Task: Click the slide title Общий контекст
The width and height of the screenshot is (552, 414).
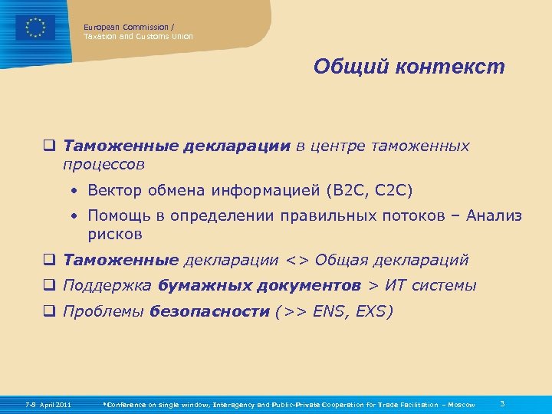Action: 409,67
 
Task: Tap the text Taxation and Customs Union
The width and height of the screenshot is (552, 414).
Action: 138,37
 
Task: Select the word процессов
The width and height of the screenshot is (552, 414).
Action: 104,164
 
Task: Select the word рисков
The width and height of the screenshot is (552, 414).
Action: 114,234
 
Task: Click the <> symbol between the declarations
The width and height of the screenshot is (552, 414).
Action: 297,260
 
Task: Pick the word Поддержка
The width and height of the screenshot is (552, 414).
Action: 108,285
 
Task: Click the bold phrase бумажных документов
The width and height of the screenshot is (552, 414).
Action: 260,285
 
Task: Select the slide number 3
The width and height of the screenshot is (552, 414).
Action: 501,403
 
